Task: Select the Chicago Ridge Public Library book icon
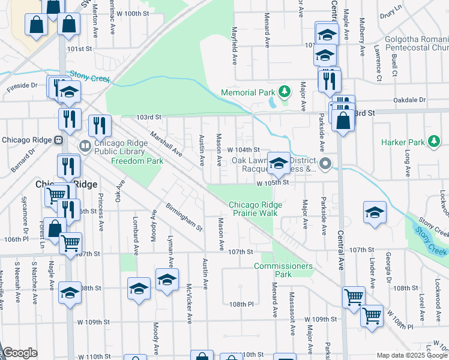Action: click(85, 146)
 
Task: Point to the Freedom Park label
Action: click(137, 161)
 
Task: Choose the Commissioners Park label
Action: click(283, 269)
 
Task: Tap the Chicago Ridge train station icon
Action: click(59, 140)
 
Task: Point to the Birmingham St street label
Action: click(184, 217)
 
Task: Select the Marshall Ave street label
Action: click(166, 144)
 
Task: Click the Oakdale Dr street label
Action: click(409, 100)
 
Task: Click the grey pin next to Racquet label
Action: click(325, 163)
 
